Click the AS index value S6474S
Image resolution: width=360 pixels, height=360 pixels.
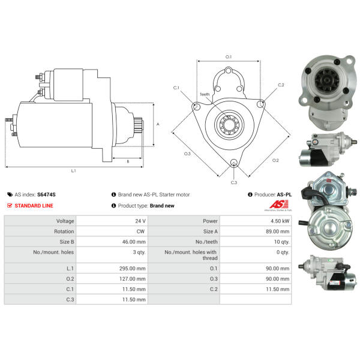click(46, 194)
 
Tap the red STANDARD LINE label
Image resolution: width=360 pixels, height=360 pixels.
click(34, 206)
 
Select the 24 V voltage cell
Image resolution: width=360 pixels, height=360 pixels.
click(140, 221)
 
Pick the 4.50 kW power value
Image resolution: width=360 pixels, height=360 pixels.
click(280, 221)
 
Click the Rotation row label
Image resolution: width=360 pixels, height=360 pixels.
click(64, 232)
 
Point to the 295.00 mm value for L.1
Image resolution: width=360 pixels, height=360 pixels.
click(132, 268)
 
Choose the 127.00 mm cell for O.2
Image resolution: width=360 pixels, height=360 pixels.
click(132, 279)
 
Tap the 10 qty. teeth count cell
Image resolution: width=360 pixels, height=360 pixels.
click(282, 242)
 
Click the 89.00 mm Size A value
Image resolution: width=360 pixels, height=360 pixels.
click(278, 232)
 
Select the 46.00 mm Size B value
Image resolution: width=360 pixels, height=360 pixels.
click(134, 242)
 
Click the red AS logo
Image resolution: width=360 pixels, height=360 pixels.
click(278, 205)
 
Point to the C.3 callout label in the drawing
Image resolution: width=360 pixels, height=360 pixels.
click(234, 182)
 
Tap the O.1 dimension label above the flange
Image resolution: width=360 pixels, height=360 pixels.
click(229, 57)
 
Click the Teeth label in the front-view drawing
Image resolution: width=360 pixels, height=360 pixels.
click(205, 94)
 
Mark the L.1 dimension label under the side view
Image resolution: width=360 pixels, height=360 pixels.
click(73, 170)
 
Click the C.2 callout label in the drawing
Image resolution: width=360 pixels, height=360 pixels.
click(281, 85)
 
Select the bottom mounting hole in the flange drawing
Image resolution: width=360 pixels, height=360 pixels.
click(234, 163)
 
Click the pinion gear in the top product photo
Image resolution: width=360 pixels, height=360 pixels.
click(327, 80)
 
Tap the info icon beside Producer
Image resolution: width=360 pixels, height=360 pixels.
click(250, 194)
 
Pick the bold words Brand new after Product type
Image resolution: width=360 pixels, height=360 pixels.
click(162, 206)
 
